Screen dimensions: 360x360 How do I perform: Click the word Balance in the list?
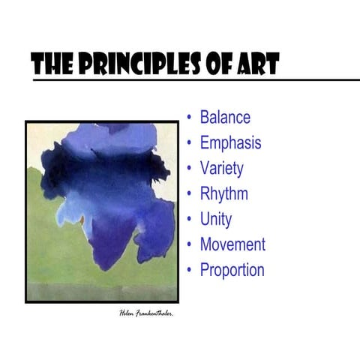(x=225, y=118)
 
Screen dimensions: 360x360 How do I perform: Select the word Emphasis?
(x=231, y=143)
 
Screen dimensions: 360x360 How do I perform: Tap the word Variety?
(x=222, y=169)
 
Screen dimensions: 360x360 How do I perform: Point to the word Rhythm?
(x=224, y=194)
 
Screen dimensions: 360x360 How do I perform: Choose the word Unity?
(x=216, y=220)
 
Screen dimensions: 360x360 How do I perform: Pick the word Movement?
(x=232, y=244)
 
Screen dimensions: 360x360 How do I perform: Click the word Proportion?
(x=232, y=270)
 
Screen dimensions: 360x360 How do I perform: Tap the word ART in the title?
(x=256, y=65)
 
